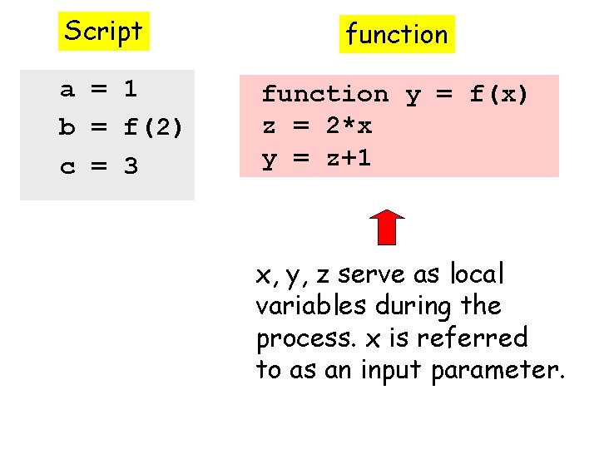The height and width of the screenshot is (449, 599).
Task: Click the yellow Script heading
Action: coord(104,32)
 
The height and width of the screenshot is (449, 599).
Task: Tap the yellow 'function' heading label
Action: coord(397,35)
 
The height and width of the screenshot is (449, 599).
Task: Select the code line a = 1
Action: coord(98,89)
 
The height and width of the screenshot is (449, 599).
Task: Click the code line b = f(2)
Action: coord(121,128)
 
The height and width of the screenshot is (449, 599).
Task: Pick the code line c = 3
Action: coord(98,167)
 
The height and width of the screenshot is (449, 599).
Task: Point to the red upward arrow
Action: coord(386,226)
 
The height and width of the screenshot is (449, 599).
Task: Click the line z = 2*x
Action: coord(316,126)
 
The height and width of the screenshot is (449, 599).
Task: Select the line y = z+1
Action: coord(316,159)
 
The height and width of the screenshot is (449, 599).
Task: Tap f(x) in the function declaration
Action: coord(499,95)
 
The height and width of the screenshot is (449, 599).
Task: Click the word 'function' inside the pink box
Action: coord(325,95)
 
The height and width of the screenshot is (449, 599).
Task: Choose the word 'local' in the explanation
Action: coord(477,274)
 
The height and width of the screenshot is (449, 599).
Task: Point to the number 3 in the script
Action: coord(131,167)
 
